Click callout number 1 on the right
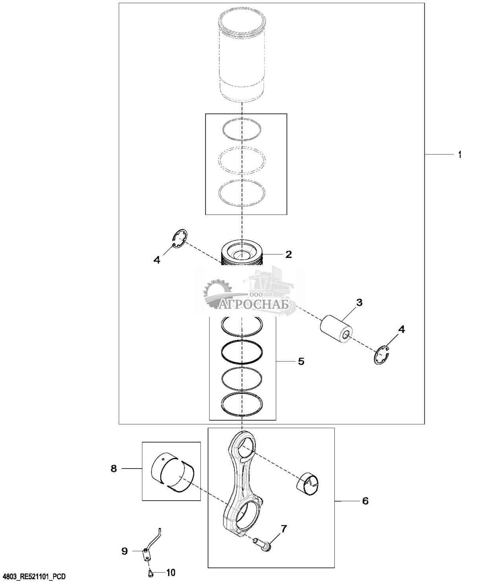click(460, 155)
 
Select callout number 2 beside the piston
click(288, 254)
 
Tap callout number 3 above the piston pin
click(359, 303)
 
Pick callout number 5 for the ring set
click(301, 361)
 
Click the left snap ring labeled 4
click(180, 239)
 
